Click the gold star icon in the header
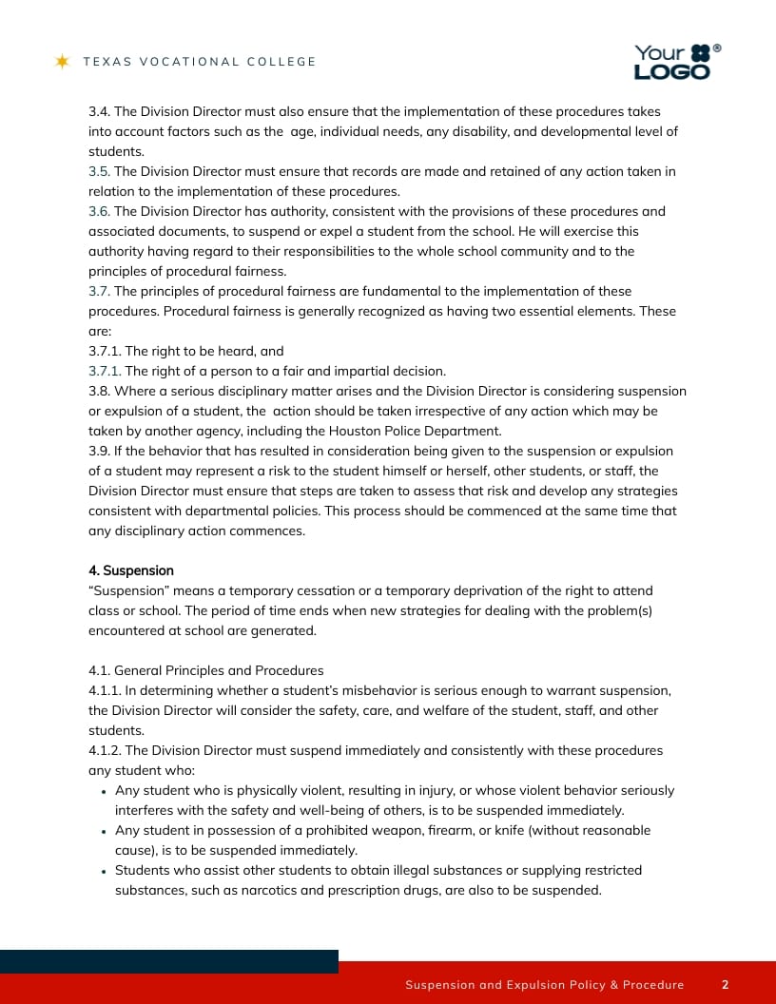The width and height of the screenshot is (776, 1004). point(63,62)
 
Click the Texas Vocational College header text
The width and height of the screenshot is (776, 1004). point(199,62)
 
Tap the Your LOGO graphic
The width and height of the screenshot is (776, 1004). point(676,62)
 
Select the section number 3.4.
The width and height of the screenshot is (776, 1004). point(99,112)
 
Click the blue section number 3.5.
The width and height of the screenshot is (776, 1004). point(99,172)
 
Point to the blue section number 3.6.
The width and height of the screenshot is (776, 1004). point(99,212)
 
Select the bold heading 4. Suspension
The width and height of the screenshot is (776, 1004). point(131,570)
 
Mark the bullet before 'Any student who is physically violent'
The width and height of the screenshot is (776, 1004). point(103,791)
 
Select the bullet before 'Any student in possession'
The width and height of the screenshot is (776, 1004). point(103,831)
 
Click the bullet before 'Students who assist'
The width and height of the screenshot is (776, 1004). point(103,871)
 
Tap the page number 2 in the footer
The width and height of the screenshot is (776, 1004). point(725,985)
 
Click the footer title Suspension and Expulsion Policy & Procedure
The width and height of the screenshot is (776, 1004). point(544,985)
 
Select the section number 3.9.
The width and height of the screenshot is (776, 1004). point(99,452)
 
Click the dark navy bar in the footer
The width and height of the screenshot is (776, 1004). point(168,961)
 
